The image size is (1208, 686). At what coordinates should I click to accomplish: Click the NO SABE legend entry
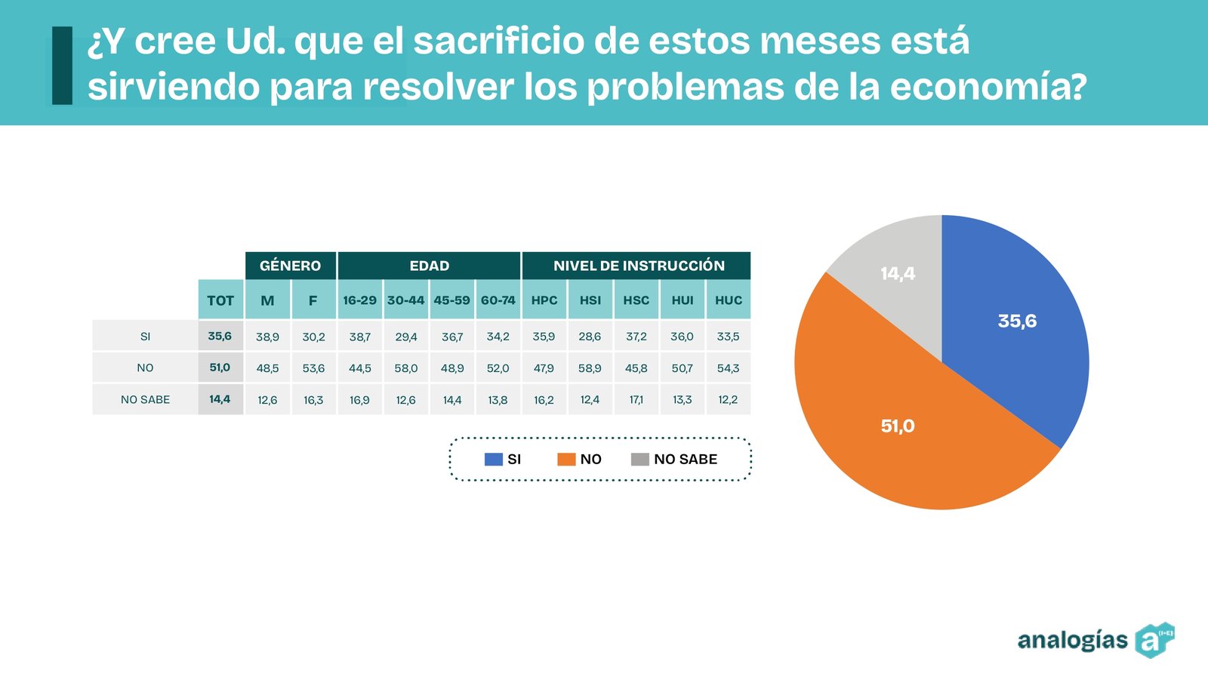point(674,459)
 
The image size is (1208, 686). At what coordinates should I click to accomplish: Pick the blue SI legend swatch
point(493,459)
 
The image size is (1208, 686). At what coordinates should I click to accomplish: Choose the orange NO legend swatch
point(566,459)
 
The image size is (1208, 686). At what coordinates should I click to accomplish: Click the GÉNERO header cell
point(291,266)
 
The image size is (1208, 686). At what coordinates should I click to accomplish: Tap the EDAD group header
point(429,266)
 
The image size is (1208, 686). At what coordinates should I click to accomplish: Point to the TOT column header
point(220,300)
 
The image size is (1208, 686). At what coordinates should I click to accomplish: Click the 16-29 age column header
point(359,300)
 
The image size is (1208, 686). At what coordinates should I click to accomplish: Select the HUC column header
point(729,300)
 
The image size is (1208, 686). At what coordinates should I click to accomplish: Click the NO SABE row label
point(145,399)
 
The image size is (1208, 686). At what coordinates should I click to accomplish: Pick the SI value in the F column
point(313,337)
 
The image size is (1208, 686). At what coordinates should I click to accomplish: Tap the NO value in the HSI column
point(590,368)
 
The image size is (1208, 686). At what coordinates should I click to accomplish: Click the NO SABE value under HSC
point(636,399)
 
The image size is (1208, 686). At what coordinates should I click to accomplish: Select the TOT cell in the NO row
point(220,368)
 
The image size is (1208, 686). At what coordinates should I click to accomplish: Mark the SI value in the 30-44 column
point(406,337)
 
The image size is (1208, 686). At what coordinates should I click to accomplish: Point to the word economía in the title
point(988,87)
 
